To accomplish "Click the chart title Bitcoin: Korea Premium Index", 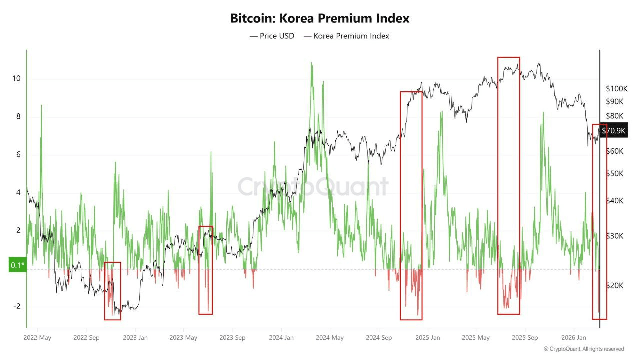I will [320, 19].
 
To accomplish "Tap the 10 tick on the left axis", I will [16, 79].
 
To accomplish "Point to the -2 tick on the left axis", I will [15, 306].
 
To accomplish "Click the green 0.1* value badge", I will [17, 265].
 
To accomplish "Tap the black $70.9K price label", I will [614, 131].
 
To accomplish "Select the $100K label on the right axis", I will [616, 89].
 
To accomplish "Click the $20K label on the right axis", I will [614, 285].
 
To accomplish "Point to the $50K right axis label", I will [614, 174].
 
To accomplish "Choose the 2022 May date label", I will [37, 337].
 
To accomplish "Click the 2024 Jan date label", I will [281, 337].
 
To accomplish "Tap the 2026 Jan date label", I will [574, 337].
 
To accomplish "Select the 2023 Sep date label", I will [232, 337].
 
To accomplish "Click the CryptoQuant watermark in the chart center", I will [313, 186].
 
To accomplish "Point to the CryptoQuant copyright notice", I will [584, 349].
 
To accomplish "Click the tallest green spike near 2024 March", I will [312, 64].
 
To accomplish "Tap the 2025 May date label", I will [476, 337].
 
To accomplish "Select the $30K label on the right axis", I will [614, 236].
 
